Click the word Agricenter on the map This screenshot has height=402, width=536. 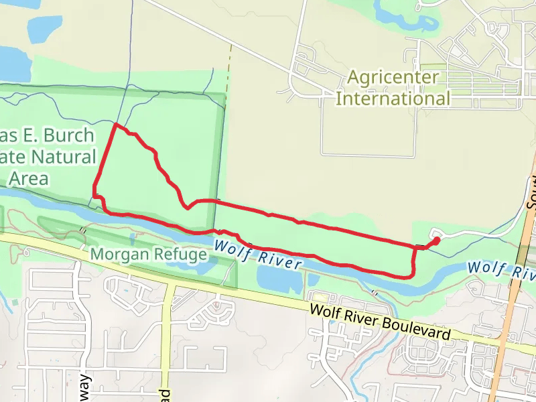(x=393, y=77)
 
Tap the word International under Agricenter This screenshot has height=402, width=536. (x=393, y=98)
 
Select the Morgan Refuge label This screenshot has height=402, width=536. (x=149, y=255)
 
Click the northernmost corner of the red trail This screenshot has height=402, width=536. (x=116, y=125)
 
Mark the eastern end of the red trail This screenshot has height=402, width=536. (x=437, y=239)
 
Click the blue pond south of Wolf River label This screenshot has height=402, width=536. (x=278, y=278)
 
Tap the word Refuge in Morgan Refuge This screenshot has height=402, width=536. (x=180, y=255)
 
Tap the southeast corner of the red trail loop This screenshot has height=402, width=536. (x=411, y=275)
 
